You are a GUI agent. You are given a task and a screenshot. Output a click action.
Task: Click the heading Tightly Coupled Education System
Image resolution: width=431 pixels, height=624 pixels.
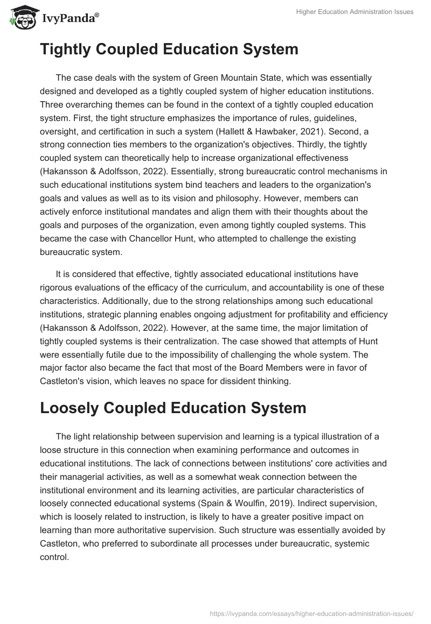(x=169, y=49)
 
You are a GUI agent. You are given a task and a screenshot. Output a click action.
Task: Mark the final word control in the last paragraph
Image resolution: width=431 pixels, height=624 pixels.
(x=54, y=557)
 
